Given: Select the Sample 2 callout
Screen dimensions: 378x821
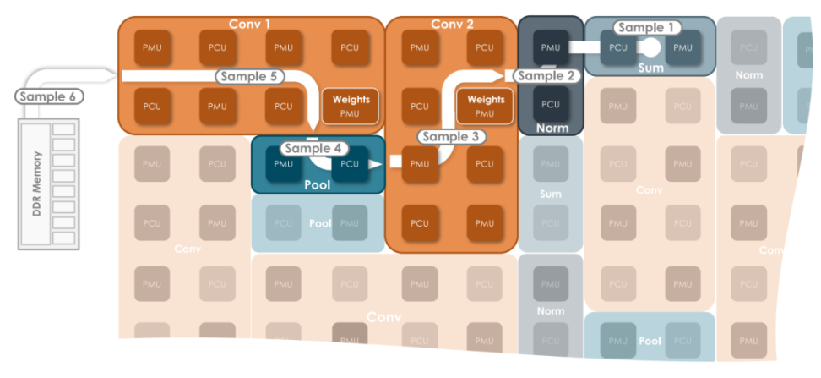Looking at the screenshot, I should [546, 75].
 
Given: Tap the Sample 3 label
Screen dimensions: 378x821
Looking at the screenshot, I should [450, 135].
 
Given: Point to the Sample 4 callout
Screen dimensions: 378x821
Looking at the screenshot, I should [313, 148].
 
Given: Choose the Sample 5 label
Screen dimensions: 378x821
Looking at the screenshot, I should [249, 76].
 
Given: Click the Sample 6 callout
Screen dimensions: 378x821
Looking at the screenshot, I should [49, 96].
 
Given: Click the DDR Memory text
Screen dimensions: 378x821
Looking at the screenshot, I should [36, 185].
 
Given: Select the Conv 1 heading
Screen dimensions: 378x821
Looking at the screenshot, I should [249, 24].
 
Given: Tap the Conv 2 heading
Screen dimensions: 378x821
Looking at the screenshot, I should [452, 24].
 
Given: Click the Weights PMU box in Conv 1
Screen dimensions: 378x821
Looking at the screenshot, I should [351, 106].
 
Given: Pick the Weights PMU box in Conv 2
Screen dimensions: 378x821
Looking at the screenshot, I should [485, 106].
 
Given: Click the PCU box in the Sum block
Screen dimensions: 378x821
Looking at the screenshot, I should [618, 47].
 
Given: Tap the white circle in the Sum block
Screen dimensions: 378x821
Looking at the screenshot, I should [651, 47].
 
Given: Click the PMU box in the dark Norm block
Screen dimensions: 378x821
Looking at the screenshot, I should [550, 47].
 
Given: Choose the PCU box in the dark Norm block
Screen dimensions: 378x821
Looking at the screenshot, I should [550, 104].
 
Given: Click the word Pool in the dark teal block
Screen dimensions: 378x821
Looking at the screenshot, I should [317, 184].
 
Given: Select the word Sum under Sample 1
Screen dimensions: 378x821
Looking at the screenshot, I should [650, 68].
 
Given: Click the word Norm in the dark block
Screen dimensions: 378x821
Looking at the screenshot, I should [552, 128].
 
